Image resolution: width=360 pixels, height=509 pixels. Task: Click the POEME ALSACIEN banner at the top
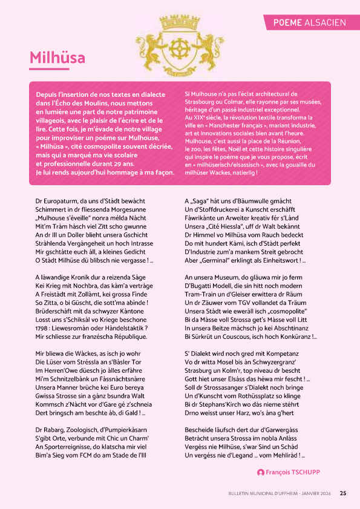(x=309, y=22)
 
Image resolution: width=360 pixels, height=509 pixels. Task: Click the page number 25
(x=343, y=493)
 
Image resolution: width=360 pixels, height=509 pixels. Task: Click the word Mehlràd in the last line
(x=282, y=455)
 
